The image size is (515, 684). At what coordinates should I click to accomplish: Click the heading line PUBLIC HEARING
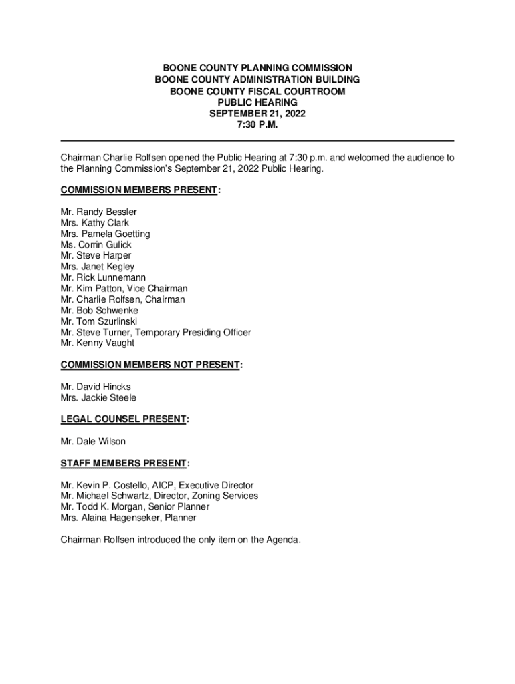257,102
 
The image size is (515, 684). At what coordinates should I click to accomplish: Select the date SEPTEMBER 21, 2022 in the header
257,114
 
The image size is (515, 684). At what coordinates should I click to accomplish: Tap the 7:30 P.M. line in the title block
257,125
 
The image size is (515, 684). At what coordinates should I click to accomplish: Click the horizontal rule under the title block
257,140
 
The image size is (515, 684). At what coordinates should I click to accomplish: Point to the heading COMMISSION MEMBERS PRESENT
139,190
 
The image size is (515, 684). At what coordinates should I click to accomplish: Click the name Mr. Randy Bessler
98,212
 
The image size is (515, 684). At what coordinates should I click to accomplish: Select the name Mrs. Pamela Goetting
105,234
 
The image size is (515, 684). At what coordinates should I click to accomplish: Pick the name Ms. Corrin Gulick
96,244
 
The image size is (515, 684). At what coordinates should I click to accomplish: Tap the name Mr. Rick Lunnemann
103,277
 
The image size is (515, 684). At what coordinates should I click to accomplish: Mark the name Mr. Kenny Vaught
97,343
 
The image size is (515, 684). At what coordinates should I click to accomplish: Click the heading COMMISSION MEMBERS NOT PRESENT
150,365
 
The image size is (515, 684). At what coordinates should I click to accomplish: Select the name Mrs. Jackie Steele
98,397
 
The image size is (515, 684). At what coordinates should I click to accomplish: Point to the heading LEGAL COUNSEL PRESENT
123,419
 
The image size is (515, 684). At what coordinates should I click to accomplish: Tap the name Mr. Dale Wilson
93,441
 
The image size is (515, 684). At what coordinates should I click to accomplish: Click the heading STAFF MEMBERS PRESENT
124,463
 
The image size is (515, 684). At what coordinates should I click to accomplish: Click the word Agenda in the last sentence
282,540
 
